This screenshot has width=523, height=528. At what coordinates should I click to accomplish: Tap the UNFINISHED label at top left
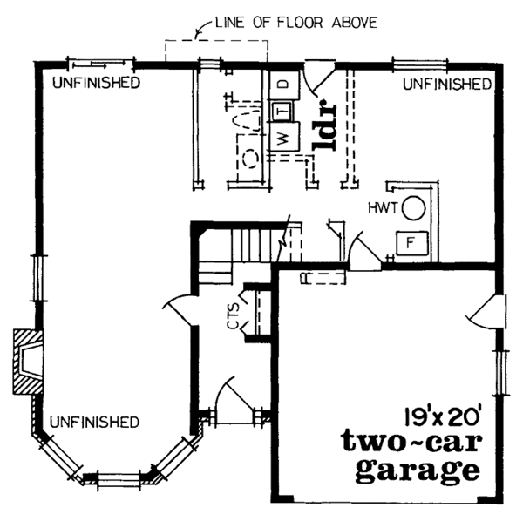coord(96,84)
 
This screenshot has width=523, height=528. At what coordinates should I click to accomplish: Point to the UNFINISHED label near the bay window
coord(94,422)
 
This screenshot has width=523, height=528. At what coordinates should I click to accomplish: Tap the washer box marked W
coord(282,138)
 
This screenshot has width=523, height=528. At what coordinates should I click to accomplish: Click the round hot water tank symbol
coord(416,207)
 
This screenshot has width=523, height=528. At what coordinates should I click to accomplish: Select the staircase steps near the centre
coord(256,240)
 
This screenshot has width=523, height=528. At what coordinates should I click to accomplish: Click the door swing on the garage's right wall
coord(489,308)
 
